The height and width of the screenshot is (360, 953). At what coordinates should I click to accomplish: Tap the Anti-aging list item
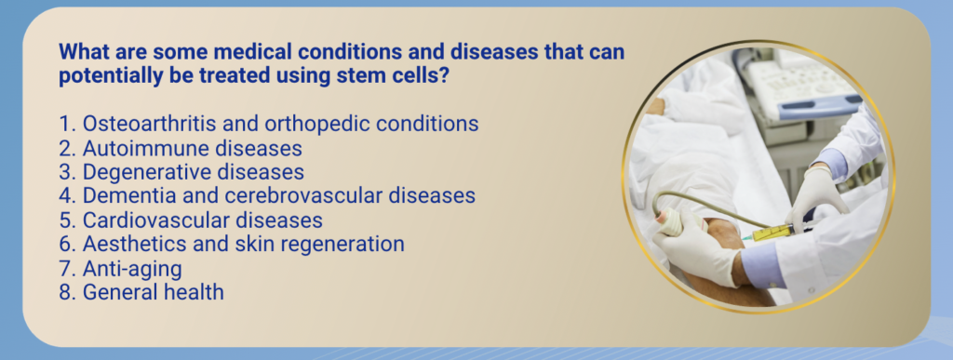coord(120,268)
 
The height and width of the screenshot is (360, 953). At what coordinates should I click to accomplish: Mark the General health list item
coord(141,292)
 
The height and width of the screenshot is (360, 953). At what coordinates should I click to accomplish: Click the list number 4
coord(66,195)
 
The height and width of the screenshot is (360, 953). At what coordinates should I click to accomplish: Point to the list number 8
coord(66,292)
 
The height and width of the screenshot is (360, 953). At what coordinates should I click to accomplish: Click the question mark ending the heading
coord(444,76)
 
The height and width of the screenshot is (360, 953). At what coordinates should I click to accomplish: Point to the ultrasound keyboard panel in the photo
coord(797,85)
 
